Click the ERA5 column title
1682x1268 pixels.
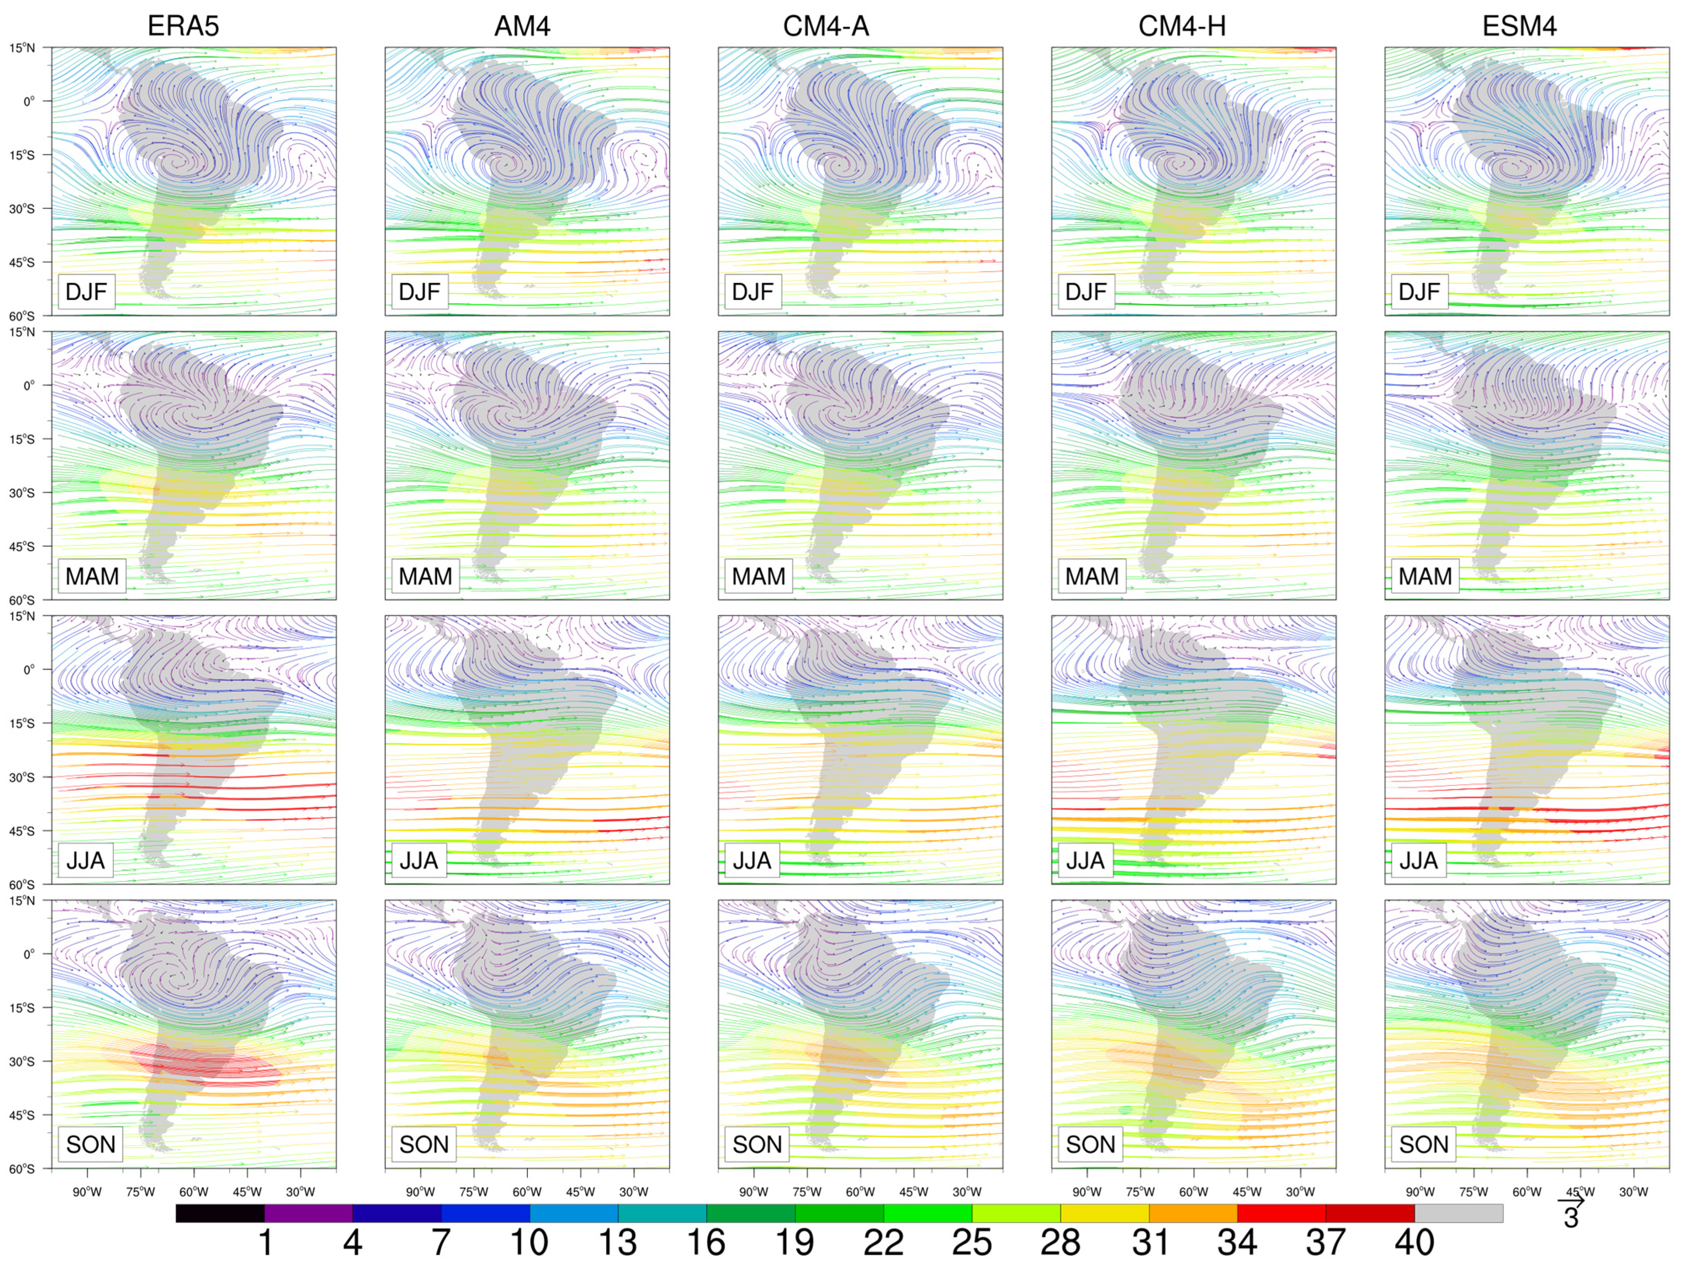(183, 27)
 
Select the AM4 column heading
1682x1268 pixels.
(522, 27)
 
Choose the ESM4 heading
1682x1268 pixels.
(1519, 27)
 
